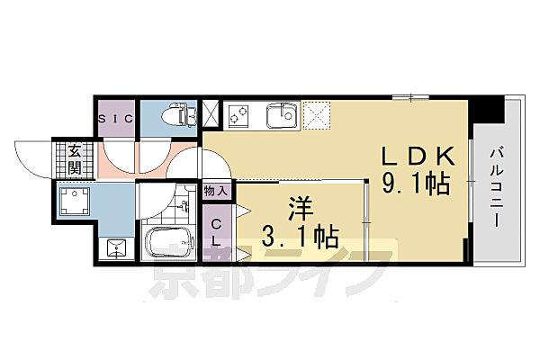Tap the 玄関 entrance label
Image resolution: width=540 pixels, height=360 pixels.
[x=73, y=160]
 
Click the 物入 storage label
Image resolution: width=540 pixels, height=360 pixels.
[x=216, y=191]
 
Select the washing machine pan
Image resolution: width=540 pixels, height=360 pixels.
[x=74, y=202]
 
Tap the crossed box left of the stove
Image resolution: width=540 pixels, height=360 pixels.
[x=211, y=113]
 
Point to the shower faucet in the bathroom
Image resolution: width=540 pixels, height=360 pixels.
[x=185, y=206]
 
